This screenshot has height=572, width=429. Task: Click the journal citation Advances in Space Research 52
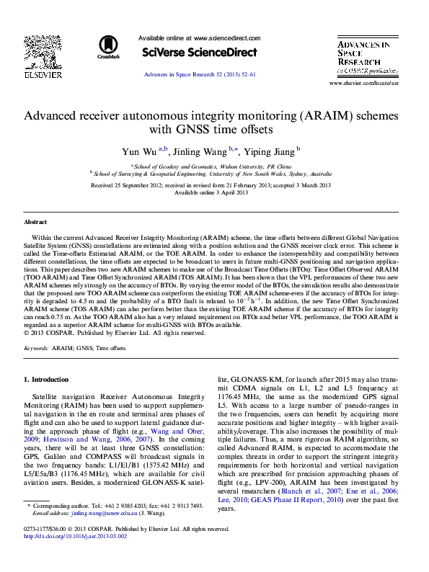[x=200, y=75]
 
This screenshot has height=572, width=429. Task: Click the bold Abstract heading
[x=35, y=223]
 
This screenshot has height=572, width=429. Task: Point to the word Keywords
[x=36, y=347]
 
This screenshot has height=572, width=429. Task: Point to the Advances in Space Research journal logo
[x=364, y=57]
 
